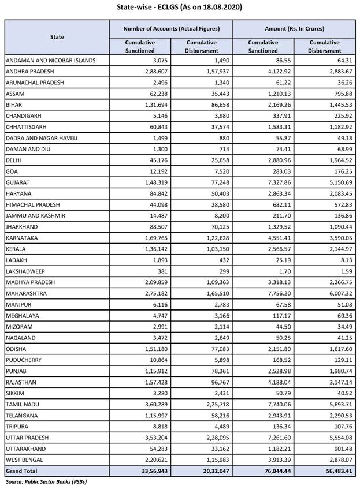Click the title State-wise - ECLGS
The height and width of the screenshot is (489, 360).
[x=180, y=7]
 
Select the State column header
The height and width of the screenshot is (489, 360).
[x=56, y=37]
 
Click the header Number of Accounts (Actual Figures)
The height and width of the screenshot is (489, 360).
[x=170, y=28]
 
